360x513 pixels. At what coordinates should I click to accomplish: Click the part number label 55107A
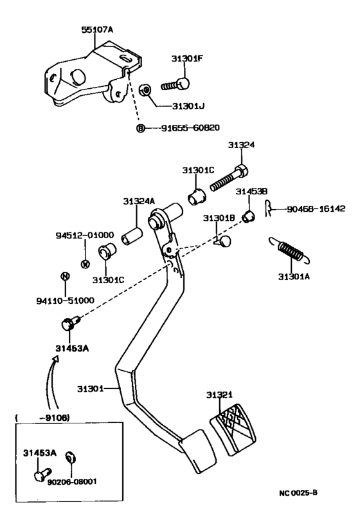[x=97, y=30]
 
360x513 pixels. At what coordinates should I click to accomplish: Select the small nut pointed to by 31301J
[x=146, y=89]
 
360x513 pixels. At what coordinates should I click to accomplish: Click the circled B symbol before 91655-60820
[x=140, y=128]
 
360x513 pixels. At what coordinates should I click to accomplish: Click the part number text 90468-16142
[x=316, y=209]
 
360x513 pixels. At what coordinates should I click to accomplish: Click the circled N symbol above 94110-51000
[x=64, y=276]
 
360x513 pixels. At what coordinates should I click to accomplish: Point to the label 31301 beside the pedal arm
[x=90, y=389]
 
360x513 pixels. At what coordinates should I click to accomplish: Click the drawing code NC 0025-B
[x=298, y=493]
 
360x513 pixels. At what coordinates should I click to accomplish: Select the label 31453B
[x=247, y=192]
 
